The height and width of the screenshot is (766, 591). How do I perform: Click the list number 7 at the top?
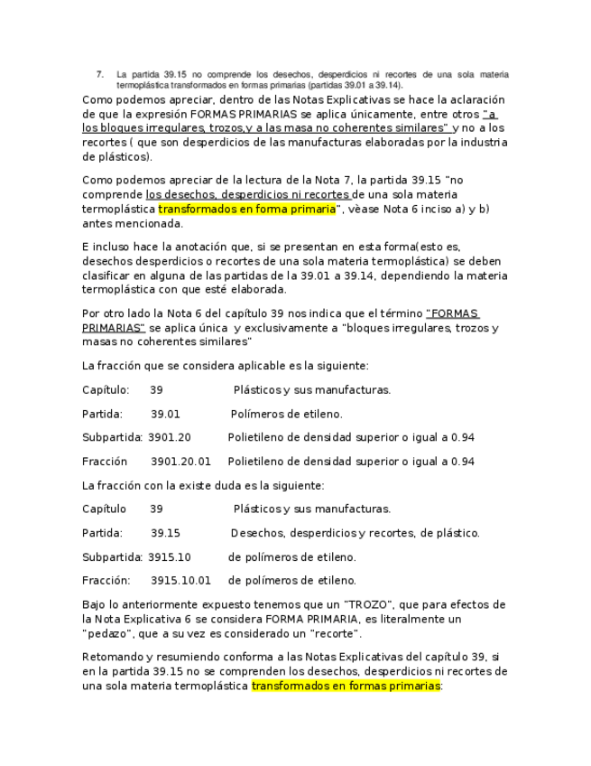[99, 73]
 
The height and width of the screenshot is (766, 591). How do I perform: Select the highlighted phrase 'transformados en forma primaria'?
[246, 210]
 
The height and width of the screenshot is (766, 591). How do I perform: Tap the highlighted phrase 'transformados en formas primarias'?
[346, 687]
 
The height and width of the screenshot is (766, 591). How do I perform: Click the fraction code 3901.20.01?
[180, 462]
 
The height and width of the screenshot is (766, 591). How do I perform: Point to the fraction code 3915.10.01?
[180, 581]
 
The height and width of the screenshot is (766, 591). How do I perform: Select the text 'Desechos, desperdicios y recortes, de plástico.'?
[356, 533]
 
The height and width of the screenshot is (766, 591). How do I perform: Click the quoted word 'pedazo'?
[105, 633]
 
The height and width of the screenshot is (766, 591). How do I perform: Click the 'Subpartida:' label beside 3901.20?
[112, 437]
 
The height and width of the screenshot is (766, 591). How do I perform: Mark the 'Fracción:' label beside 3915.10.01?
[106, 581]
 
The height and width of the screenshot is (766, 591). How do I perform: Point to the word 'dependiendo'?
[420, 276]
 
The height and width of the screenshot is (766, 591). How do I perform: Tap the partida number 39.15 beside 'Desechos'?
[165, 533]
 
